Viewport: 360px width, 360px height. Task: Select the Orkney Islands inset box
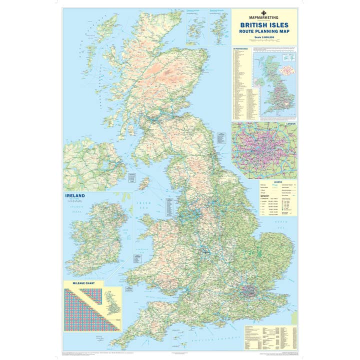[x=196, y=27]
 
